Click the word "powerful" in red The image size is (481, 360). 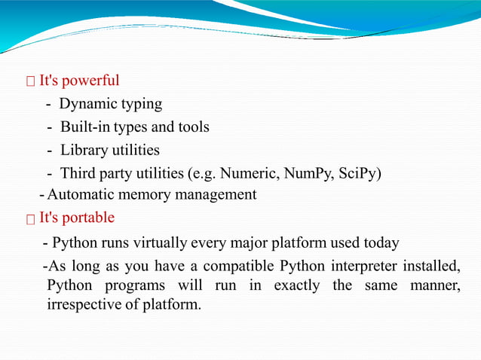(92, 81)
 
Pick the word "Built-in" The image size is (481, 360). (86, 127)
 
